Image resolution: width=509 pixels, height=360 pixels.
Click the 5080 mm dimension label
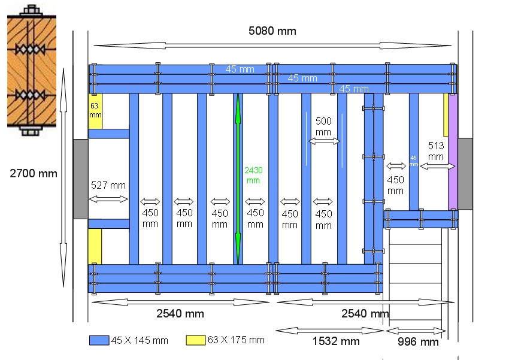pyautogui.click(x=272, y=31)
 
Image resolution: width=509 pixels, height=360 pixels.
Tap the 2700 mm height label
pyautogui.click(x=34, y=174)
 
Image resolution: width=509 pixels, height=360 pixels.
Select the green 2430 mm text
pyautogui.click(x=252, y=174)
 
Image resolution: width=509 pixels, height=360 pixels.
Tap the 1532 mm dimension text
pyautogui.click(x=336, y=341)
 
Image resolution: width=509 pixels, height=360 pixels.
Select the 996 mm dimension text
pyautogui.click(x=418, y=342)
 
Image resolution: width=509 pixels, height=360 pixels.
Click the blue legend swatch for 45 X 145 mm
pyautogui.click(x=99, y=340)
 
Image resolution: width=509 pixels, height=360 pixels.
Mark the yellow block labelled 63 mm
pyautogui.click(x=95, y=111)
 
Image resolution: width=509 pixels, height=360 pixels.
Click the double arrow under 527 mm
pyautogui.click(x=108, y=199)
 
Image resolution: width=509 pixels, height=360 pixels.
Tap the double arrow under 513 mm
pyautogui.click(x=437, y=166)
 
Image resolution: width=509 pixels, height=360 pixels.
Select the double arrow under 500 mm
pyautogui.click(x=323, y=141)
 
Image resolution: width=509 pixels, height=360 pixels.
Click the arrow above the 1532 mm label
pyautogui.click(x=329, y=331)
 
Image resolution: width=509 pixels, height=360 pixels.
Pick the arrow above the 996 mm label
pyautogui.click(x=416, y=331)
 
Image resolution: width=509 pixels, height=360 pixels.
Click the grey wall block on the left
pyautogui.click(x=81, y=178)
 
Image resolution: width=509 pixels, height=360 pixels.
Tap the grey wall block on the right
pyautogui.click(x=465, y=174)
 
